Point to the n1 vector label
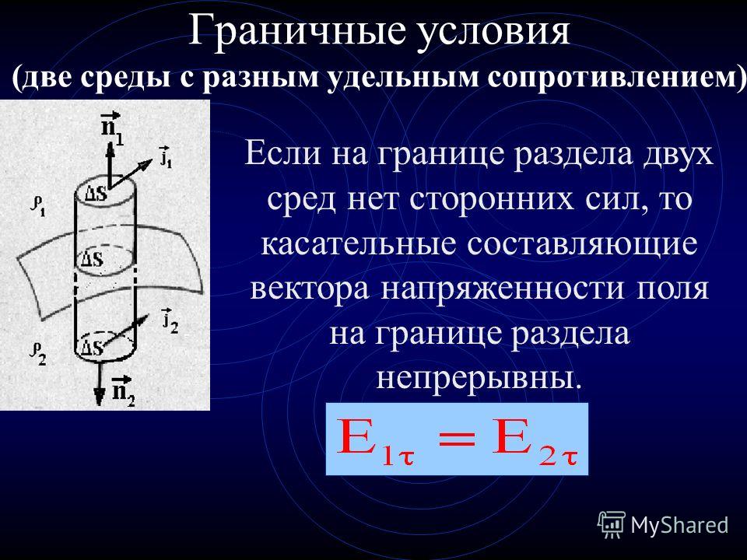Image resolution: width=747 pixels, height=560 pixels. click(x=112, y=128)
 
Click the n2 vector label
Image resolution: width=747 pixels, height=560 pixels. click(x=123, y=391)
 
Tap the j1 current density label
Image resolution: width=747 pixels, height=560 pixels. click(x=166, y=156)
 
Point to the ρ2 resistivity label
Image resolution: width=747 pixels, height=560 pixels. click(x=37, y=354)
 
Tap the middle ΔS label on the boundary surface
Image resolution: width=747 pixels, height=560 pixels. click(x=92, y=259)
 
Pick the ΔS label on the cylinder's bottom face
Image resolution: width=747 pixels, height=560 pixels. click(x=92, y=347)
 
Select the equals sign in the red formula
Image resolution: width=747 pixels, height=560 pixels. click(x=457, y=439)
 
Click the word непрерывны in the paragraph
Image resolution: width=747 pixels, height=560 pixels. click(x=479, y=378)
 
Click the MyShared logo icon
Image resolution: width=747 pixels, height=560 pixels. click(x=612, y=525)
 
